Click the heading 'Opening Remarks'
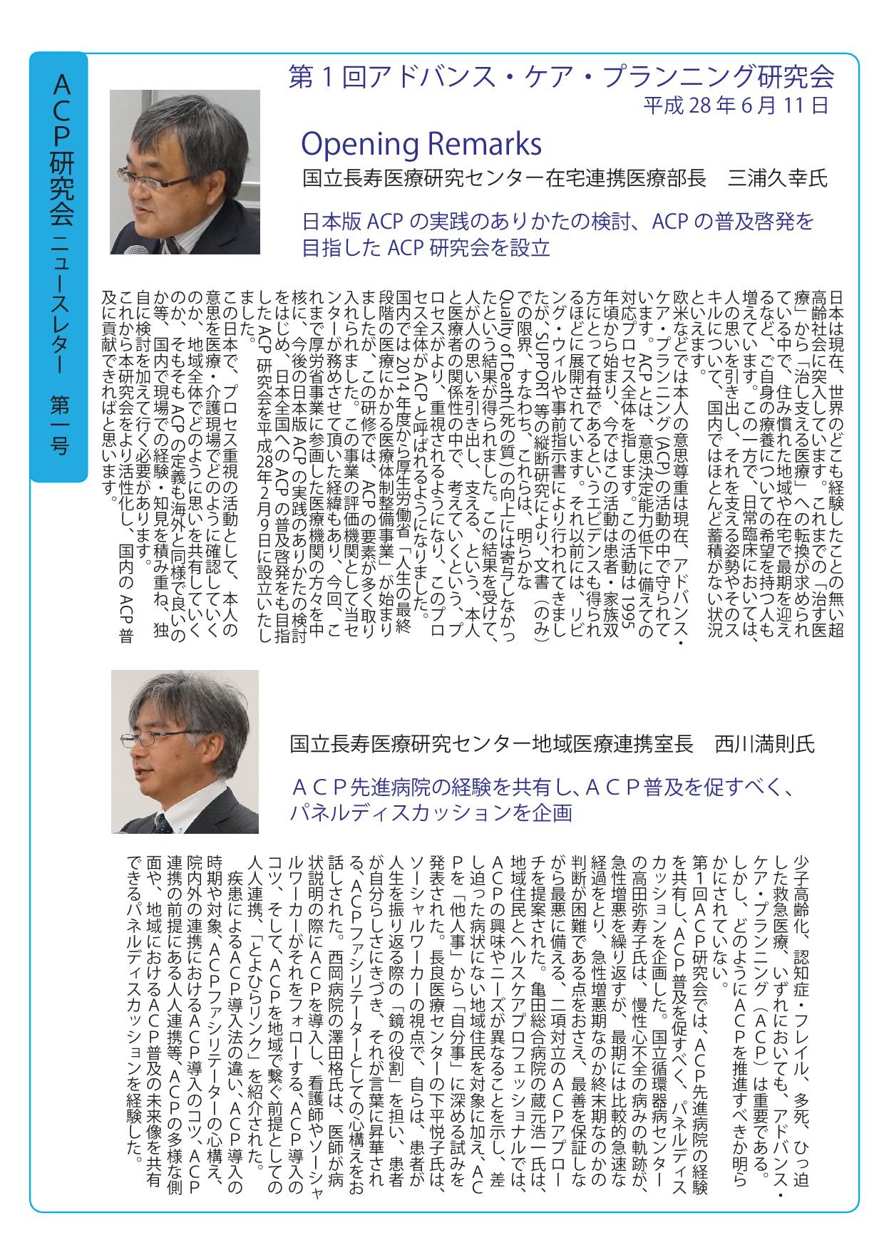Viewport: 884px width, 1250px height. coord(421,144)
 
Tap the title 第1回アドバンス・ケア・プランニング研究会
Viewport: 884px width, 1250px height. coord(560,77)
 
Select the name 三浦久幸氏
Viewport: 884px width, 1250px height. coord(776,178)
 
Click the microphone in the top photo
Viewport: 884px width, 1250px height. coord(130,249)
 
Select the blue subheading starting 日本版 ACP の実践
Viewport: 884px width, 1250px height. coord(558,222)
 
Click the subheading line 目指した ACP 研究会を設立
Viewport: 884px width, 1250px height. coord(426,248)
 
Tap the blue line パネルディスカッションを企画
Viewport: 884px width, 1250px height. coord(431,813)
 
